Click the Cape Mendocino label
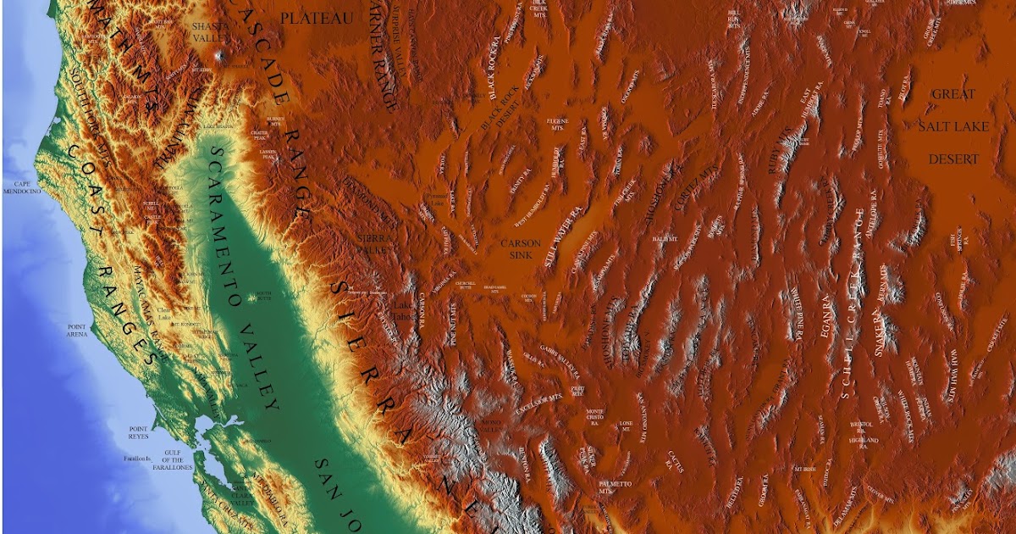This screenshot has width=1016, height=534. coord(27,188)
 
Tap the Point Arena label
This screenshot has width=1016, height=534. coord(77,330)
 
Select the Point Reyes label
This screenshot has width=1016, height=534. coord(138,432)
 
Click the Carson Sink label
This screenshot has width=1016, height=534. coord(520,248)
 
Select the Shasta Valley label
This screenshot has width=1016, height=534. coord(209,32)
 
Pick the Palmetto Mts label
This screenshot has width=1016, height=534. coord(615,487)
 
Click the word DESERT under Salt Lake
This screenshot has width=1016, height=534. coord(953,159)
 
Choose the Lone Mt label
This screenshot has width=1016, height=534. coord(626,426)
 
